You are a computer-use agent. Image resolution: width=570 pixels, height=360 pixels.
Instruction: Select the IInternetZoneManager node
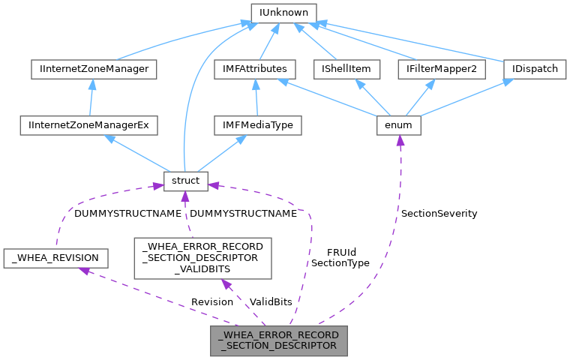89,69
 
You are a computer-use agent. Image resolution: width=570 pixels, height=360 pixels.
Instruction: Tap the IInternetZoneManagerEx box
89,125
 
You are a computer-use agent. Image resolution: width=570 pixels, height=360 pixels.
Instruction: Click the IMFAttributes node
250,69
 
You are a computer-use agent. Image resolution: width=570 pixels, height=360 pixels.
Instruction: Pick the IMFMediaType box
257,125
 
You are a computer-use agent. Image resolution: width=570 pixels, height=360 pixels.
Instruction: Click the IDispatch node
535,69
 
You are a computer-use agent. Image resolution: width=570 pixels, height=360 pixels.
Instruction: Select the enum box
397,125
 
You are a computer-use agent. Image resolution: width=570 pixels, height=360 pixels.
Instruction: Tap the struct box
184,181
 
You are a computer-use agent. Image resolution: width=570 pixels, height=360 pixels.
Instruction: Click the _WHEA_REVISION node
55,259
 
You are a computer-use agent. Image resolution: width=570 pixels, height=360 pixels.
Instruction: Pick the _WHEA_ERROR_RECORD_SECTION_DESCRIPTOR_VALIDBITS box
202,258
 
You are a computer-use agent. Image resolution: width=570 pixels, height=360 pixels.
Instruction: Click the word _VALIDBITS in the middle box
202,269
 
